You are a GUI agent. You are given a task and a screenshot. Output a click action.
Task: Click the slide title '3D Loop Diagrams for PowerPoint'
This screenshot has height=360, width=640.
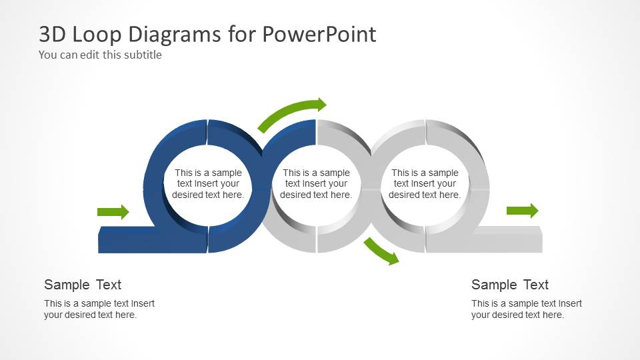pyautogui.click(x=207, y=34)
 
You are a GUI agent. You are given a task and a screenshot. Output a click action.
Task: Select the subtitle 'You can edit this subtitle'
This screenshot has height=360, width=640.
pyautogui.click(x=100, y=55)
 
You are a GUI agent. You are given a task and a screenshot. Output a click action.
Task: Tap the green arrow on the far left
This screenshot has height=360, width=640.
pyautogui.click(x=113, y=212)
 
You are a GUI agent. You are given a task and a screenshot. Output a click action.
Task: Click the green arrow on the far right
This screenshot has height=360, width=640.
pyautogui.click(x=522, y=211)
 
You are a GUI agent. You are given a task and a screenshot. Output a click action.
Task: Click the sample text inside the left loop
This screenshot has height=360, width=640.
pyautogui.click(x=208, y=184)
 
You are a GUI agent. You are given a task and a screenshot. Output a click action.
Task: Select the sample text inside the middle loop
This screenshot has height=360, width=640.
pyautogui.click(x=316, y=184)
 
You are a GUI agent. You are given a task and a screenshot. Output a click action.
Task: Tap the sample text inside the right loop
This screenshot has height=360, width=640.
pyautogui.click(x=425, y=184)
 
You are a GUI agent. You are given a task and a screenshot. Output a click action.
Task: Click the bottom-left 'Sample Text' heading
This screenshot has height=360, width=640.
pyautogui.click(x=83, y=285)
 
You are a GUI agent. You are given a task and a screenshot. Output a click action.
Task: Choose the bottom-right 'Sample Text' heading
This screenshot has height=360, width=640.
pyautogui.click(x=510, y=285)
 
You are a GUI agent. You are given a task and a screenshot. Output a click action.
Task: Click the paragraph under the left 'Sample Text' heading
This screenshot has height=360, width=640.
pyautogui.click(x=99, y=309)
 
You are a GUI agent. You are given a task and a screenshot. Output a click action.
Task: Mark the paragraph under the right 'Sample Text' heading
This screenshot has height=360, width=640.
pyautogui.click(x=527, y=309)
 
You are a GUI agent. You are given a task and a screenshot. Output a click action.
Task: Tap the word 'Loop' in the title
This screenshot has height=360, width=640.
pyautogui.click(x=89, y=34)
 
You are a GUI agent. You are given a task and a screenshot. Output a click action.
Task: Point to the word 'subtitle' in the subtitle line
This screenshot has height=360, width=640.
pyautogui.click(x=141, y=55)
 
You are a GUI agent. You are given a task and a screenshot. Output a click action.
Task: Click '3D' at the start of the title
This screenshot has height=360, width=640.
pyautogui.click(x=51, y=34)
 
